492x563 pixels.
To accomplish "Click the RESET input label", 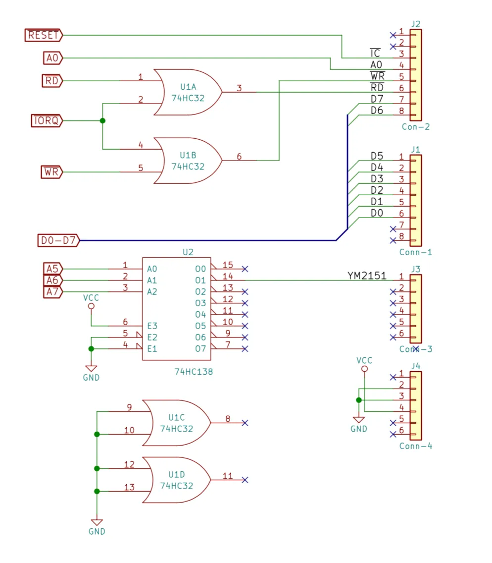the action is pyautogui.click(x=44, y=35).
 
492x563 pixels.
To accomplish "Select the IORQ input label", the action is pyautogui.click(x=47, y=120).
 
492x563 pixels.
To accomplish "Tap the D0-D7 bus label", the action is pyautogui.click(x=58, y=240).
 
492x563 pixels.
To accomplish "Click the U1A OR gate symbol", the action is pyautogui.click(x=188, y=92).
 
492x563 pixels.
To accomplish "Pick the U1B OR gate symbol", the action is pyautogui.click(x=188, y=161).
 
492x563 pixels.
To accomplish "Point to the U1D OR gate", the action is pyautogui.click(x=176, y=480).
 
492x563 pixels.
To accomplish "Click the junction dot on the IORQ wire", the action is pyautogui.click(x=102, y=120).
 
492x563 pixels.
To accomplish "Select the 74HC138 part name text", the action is pyautogui.click(x=194, y=372).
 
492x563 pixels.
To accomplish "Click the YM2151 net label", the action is pyautogui.click(x=367, y=276).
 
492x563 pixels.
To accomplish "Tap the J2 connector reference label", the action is pyautogui.click(x=416, y=24).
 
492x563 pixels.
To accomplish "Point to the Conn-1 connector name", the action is pyautogui.click(x=416, y=252).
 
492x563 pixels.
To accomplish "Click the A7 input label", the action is pyautogui.click(x=52, y=291).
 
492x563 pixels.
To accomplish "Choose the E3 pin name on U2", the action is pyautogui.click(x=152, y=326).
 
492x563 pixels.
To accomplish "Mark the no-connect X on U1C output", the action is pyautogui.click(x=245, y=423).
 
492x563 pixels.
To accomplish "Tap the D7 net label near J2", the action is pyautogui.click(x=377, y=99).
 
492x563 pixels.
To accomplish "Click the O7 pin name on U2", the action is pyautogui.click(x=200, y=348).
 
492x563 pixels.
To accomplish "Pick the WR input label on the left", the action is pyautogui.click(x=52, y=172).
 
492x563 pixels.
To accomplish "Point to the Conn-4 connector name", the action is pyautogui.click(x=416, y=446).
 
